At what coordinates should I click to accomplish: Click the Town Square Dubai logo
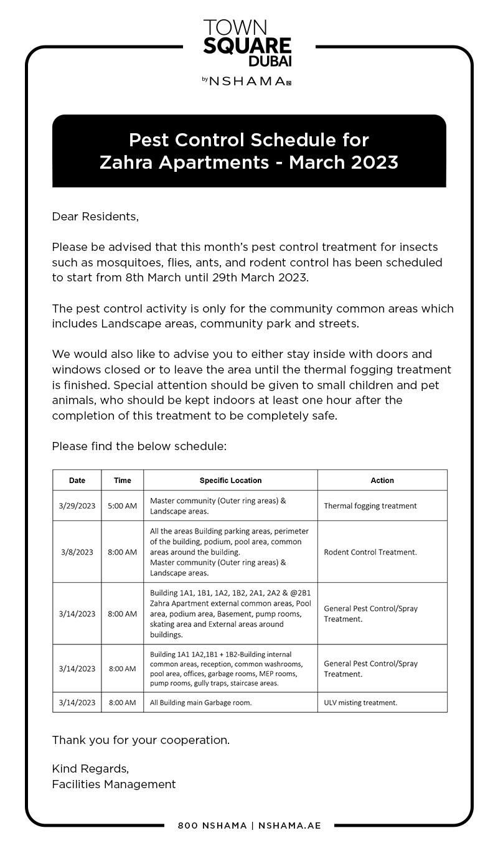coord(247,43)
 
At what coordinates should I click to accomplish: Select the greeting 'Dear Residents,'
coord(95,217)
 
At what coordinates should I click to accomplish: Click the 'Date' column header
coord(77,480)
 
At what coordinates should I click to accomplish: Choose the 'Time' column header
coord(123,480)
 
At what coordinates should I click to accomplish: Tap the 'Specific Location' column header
coord(230,480)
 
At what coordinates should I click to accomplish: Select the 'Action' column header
coord(382,480)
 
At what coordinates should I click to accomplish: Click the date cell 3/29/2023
coord(77,506)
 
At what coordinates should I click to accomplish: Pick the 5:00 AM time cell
coord(123,506)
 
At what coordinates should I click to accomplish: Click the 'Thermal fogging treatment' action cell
coord(370,506)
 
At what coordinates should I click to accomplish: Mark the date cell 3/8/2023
coord(77,552)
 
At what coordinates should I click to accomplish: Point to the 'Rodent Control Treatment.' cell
coord(370,552)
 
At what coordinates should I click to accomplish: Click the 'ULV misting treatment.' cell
coord(360,702)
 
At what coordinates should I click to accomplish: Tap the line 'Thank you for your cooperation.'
coord(141,740)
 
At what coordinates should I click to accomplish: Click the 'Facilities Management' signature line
coord(114,784)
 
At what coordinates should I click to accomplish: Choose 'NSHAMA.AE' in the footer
coord(289,826)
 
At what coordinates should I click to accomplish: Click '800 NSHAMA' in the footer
coord(212,826)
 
